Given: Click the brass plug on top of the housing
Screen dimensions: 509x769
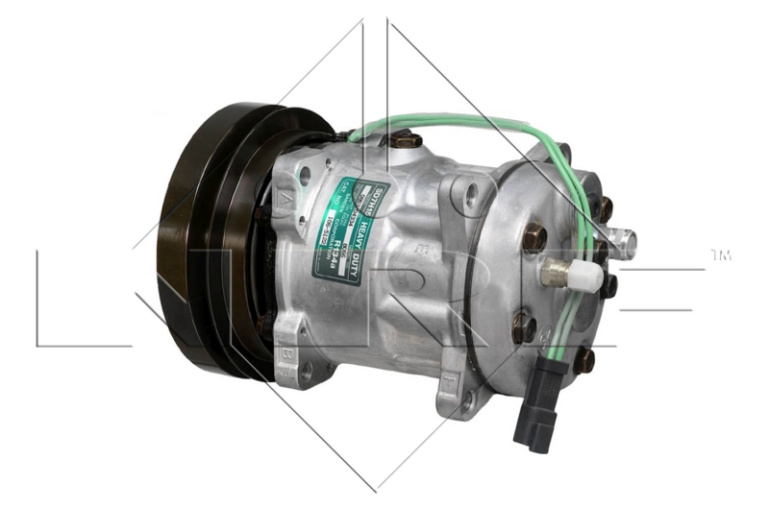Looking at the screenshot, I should [x=405, y=140].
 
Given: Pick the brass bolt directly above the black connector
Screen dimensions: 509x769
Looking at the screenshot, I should [x=583, y=360].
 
